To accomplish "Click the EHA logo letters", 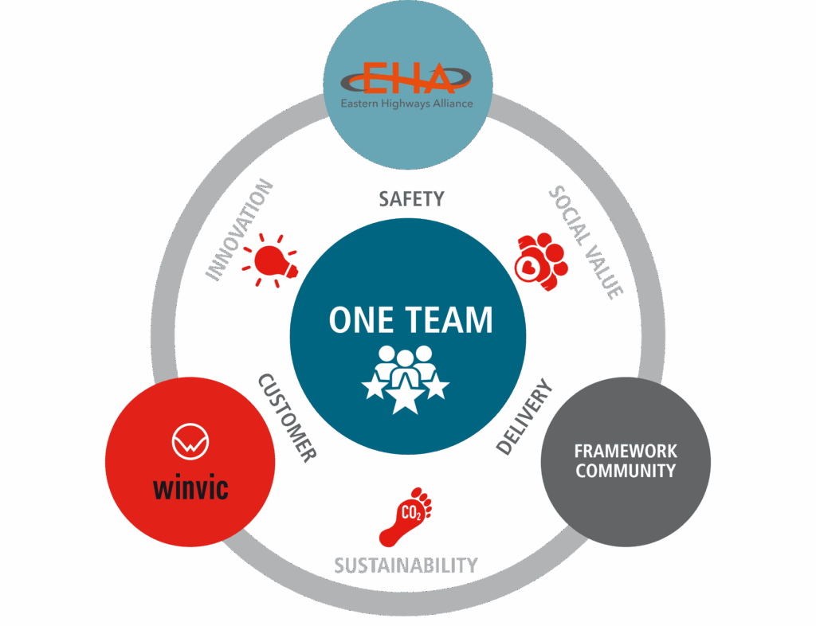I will (406, 80).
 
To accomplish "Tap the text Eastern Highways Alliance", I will (406, 104).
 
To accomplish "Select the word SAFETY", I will (410, 198).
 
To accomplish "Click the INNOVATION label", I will (240, 230).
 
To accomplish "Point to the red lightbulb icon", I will (271, 260).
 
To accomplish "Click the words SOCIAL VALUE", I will (586, 242).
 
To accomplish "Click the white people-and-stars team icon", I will (406, 379).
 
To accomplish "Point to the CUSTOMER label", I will (287, 417).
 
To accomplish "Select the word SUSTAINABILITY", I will (406, 565).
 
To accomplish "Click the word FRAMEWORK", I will (626, 452).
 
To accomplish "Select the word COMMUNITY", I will (626, 471).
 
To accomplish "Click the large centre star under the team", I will (406, 398).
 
